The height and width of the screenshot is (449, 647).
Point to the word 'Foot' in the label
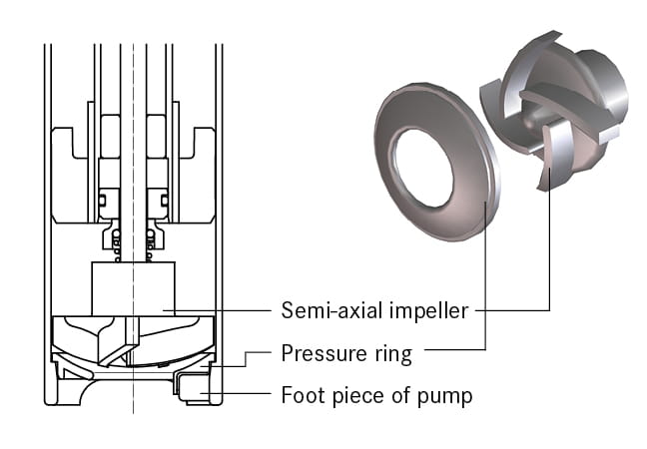(301, 395)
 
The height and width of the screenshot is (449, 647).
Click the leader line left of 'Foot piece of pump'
(245, 396)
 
